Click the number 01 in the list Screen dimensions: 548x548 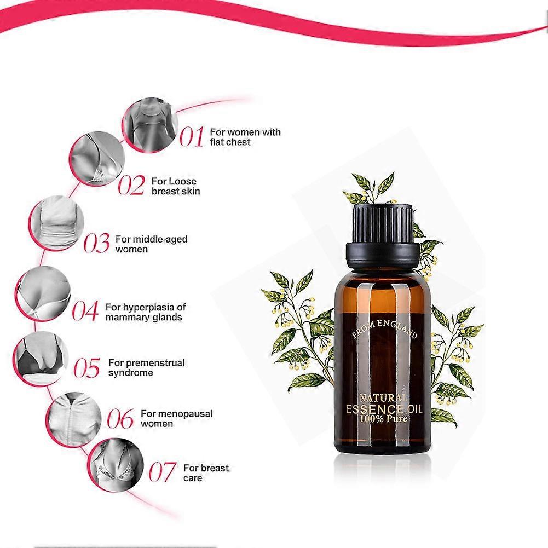point(192,137)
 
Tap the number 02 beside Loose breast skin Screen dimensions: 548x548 point(131,186)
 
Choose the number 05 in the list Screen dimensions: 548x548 point(88,368)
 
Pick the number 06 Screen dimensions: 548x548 point(120,419)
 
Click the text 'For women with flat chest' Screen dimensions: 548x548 point(238,137)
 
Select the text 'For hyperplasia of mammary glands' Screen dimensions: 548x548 point(146,312)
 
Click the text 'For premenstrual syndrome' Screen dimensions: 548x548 point(146,368)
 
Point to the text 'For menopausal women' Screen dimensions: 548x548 point(176,419)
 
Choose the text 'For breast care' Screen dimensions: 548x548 point(206,473)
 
